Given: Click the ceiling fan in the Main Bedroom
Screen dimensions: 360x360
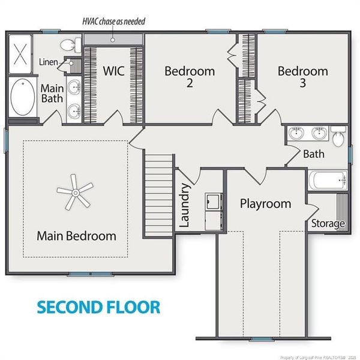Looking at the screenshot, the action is click(75, 193).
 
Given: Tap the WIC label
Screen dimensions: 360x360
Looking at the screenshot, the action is click(113, 71).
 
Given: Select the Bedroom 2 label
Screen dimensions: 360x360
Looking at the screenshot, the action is click(190, 77).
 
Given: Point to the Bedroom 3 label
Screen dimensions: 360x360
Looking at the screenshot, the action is click(303, 77).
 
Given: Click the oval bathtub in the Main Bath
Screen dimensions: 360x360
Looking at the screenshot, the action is click(23, 97).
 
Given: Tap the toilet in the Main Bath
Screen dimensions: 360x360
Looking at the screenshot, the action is click(70, 45).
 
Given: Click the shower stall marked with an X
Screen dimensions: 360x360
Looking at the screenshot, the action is click(20, 54).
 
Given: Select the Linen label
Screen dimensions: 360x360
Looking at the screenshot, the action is click(48, 62).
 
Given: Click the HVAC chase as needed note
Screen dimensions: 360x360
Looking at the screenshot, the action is click(114, 22).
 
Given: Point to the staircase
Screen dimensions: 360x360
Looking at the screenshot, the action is click(158, 195).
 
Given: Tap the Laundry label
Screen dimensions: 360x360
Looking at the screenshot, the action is click(184, 205).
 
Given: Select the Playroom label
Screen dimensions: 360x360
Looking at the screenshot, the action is click(265, 204).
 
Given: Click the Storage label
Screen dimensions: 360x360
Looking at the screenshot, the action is click(328, 223).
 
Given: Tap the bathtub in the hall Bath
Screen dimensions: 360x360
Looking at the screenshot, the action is click(328, 181).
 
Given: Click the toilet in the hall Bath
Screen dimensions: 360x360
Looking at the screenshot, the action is click(338, 136).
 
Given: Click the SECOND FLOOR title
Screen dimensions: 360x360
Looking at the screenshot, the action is click(98, 307).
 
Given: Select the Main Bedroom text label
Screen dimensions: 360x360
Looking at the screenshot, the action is click(76, 236).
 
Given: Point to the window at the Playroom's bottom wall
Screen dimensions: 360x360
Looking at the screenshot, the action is click(262, 339).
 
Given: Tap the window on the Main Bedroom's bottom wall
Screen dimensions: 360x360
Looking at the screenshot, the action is click(91, 274).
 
